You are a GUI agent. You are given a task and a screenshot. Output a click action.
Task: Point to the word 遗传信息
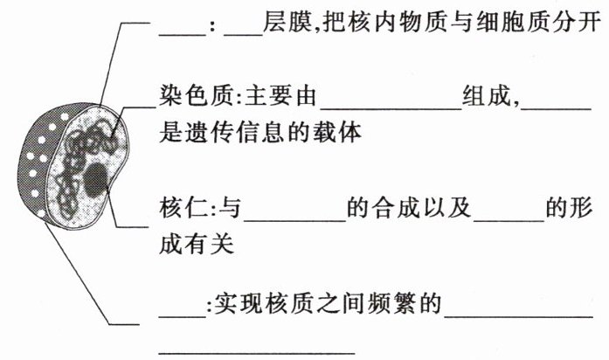coord(228,134)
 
